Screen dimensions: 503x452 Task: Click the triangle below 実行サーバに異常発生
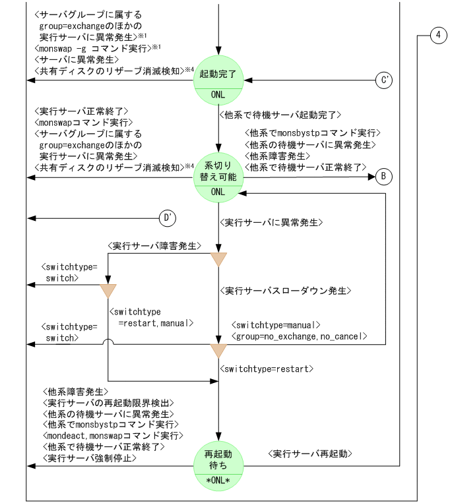218,259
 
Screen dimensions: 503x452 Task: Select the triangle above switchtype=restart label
218,350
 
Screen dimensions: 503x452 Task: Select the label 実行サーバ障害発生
154,246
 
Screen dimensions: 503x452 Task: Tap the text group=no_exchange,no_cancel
300,336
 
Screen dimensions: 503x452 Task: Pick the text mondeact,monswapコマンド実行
112,435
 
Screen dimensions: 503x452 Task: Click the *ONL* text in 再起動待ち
218,480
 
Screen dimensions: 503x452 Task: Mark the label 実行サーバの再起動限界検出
107,403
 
